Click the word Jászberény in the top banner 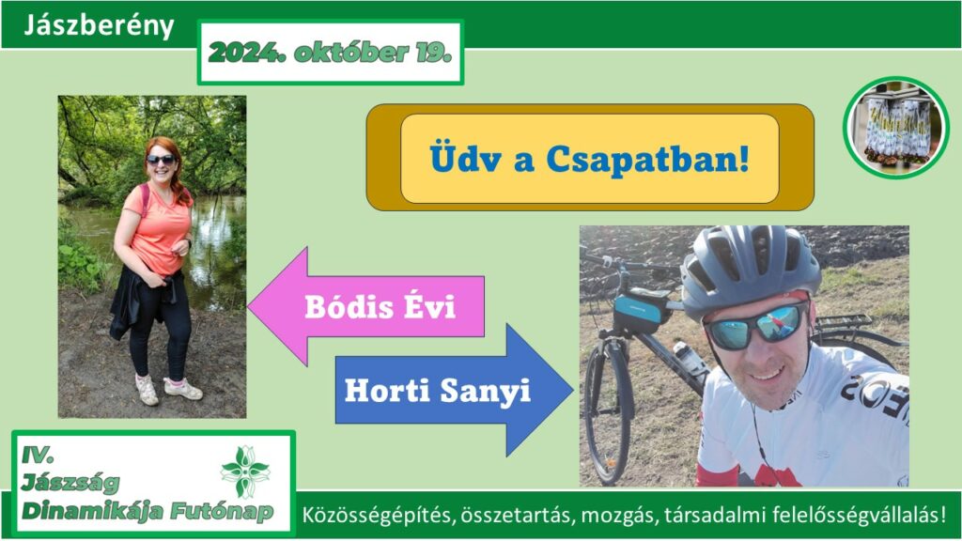[x=99, y=25]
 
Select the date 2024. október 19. [x=330, y=53]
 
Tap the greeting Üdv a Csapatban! [x=590, y=159]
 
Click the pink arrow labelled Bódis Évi [x=366, y=306]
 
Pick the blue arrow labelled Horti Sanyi [x=454, y=390]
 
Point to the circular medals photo [x=895, y=128]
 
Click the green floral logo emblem [x=245, y=471]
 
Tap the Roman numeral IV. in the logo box [x=38, y=455]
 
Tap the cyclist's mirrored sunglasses [x=756, y=327]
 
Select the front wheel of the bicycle [x=609, y=411]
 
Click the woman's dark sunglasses [x=161, y=160]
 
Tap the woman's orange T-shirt [x=159, y=228]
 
